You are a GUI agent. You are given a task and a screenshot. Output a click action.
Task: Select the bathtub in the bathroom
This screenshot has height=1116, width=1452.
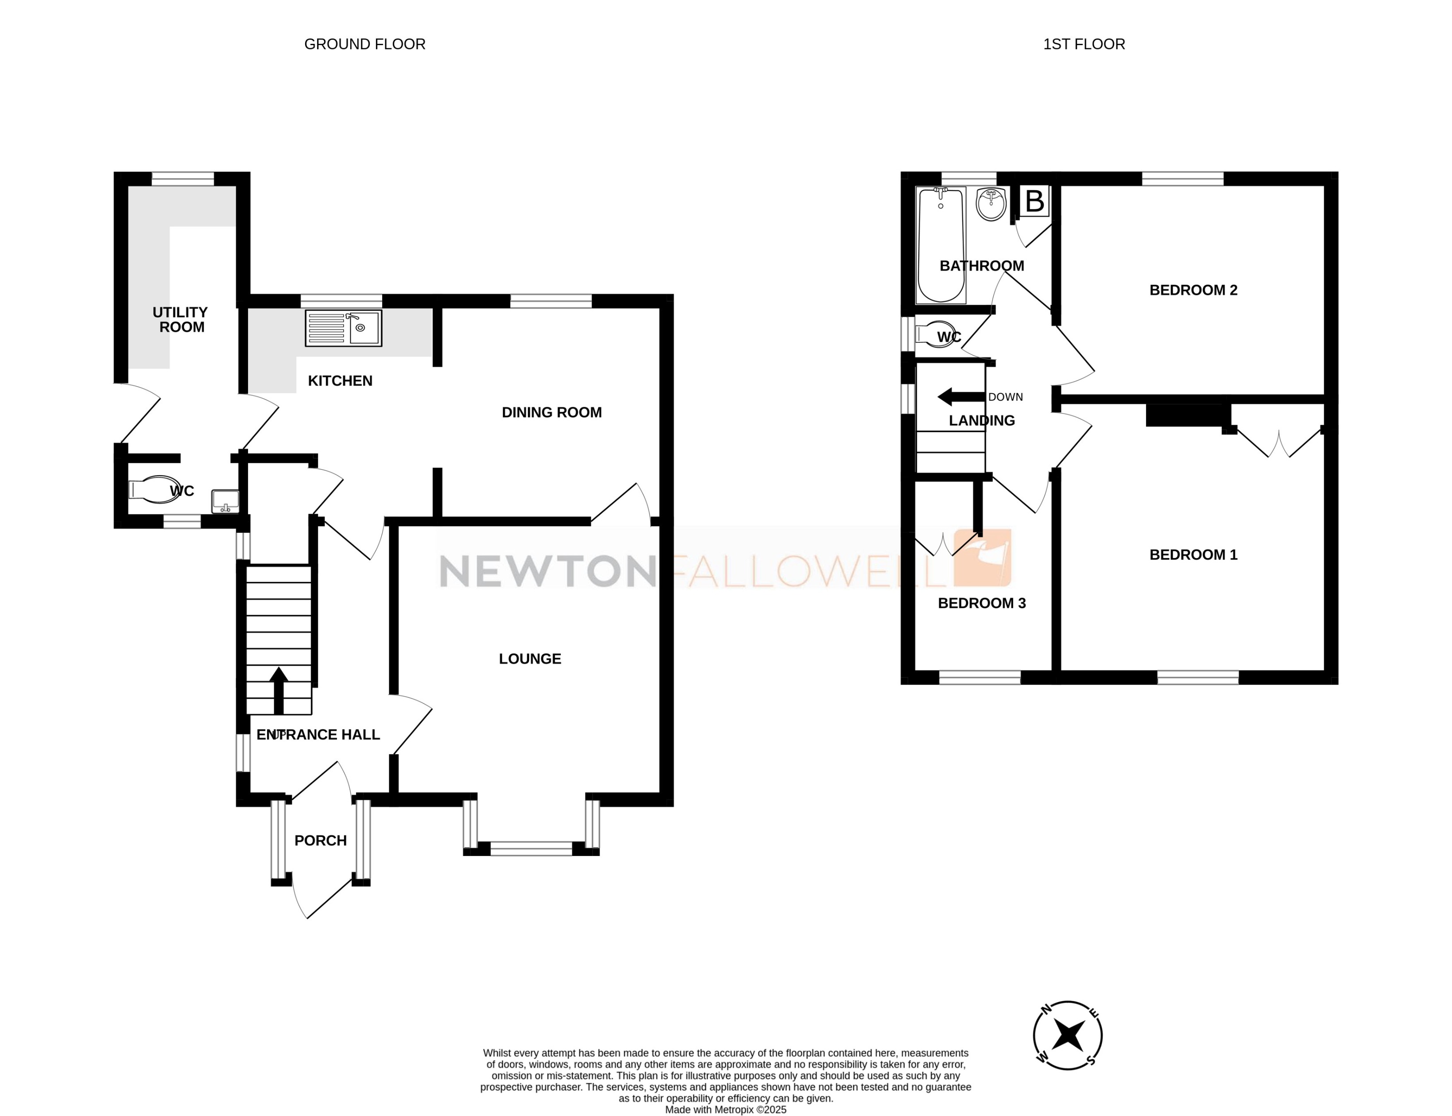tap(940, 244)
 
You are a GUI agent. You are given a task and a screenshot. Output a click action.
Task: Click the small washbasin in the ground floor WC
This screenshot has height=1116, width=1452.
tap(225, 501)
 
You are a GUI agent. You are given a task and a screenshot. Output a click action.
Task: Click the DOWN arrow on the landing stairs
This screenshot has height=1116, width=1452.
tap(960, 397)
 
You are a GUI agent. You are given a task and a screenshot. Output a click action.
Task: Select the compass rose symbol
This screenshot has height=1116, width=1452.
tap(1067, 1035)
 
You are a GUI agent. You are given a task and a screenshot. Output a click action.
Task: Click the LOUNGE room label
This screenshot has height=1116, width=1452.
tap(530, 658)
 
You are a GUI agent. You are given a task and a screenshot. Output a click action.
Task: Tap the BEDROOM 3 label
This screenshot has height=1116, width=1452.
tap(981, 603)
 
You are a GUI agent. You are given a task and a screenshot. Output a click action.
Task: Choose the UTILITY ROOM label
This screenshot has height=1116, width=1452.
tap(181, 320)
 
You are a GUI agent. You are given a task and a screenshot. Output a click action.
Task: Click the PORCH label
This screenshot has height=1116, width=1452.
tap(320, 841)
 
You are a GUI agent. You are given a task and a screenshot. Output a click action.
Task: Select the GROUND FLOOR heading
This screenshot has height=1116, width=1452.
tap(365, 44)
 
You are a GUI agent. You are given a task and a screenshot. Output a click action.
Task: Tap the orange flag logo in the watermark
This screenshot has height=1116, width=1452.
tap(982, 558)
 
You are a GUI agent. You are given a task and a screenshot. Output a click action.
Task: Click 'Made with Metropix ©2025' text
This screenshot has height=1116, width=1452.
tap(725, 1109)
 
